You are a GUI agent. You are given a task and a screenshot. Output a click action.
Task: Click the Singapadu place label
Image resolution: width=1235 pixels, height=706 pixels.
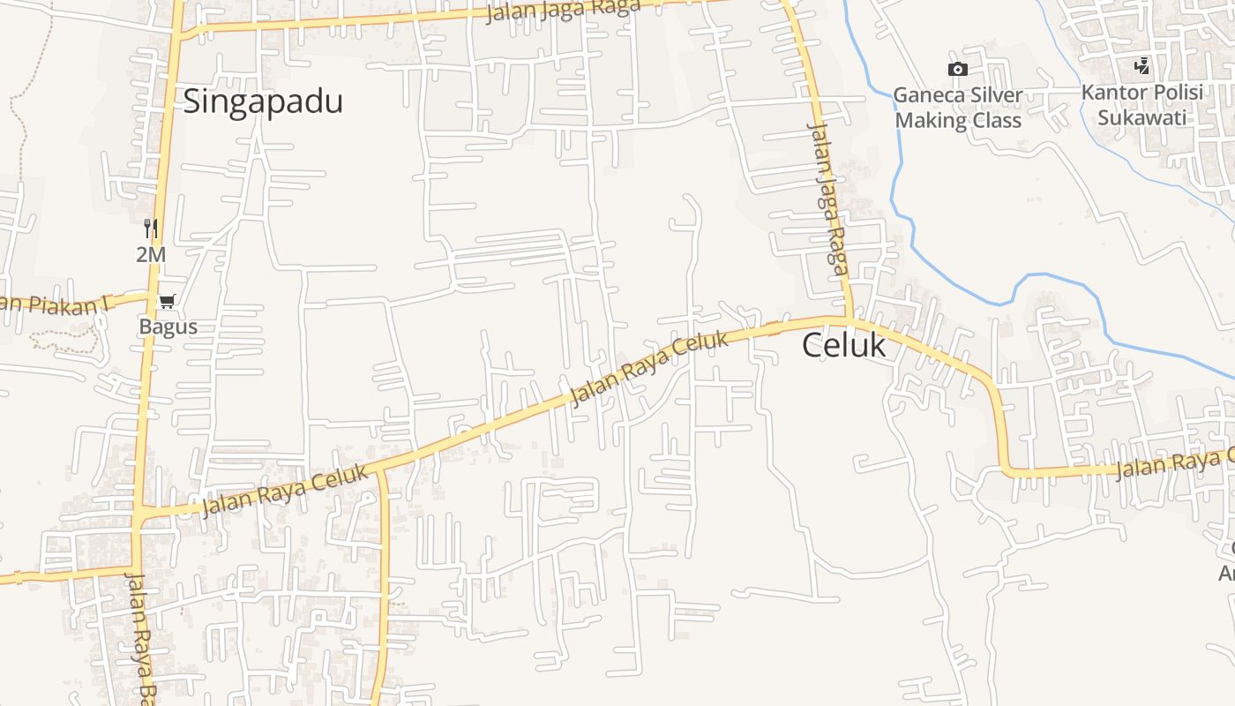pos(263,102)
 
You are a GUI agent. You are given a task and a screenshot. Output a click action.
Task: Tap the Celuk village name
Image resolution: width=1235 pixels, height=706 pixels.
pos(843,345)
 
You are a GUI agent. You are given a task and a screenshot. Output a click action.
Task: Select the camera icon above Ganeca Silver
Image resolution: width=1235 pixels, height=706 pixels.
pos(957,69)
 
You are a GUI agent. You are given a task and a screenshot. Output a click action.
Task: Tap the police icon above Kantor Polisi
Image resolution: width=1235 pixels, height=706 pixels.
pos(1141,65)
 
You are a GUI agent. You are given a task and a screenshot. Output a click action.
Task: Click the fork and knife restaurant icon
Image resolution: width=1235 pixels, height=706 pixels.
pos(151,229)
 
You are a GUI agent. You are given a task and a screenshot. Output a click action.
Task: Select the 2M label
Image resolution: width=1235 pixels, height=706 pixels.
pos(151,255)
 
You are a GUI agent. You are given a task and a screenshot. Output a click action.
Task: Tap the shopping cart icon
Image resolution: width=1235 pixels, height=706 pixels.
pos(167,302)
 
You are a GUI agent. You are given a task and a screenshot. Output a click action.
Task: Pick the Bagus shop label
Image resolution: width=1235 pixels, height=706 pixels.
pos(168,327)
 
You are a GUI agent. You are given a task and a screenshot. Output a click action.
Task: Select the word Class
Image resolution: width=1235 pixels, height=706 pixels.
pos(996,121)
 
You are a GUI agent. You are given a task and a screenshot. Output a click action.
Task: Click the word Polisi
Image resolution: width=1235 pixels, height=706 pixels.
pos(1177,93)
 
